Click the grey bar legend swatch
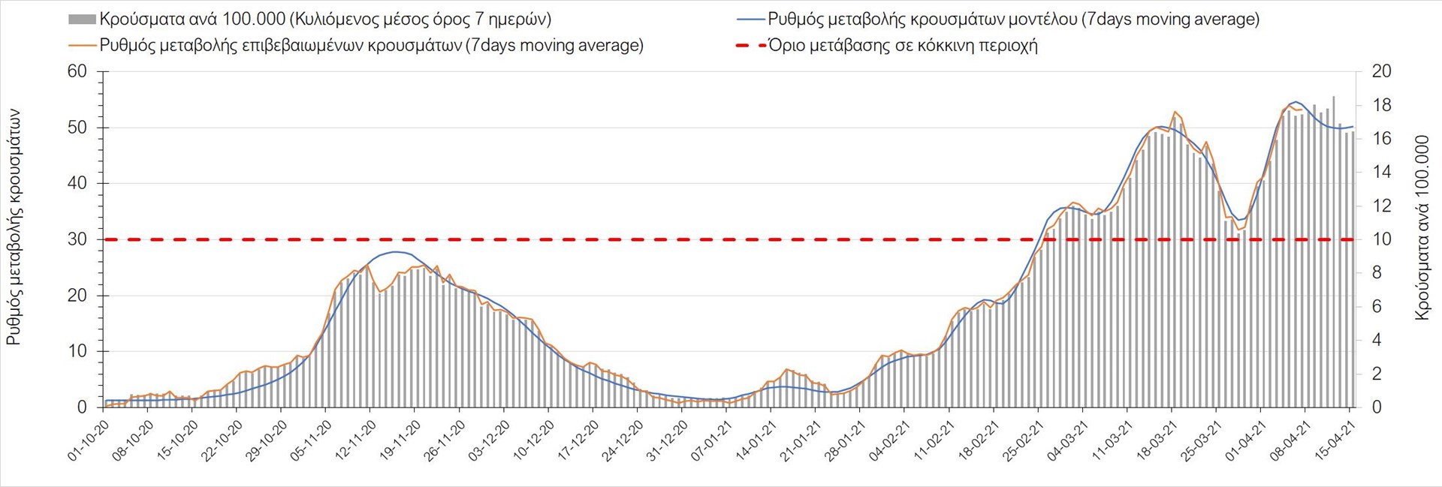[x=83, y=20]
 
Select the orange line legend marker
[x=83, y=45]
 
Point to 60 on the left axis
[x=77, y=71]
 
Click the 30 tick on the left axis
[x=77, y=239]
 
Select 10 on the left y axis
[x=77, y=351]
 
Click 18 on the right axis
[x=1381, y=105]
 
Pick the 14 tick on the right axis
[x=1381, y=172]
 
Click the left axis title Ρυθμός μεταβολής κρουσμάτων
[x=14, y=227]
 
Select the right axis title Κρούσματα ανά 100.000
[x=1422, y=227]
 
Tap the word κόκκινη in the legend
[x=937, y=45]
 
